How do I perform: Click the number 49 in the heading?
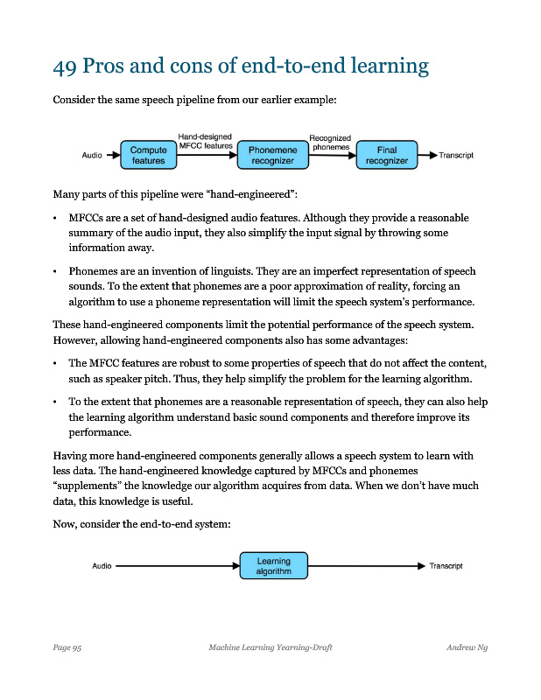click(65, 66)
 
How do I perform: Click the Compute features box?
click(148, 156)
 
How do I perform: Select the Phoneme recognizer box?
click(272, 156)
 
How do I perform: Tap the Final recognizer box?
click(386, 156)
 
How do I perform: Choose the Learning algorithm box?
click(274, 565)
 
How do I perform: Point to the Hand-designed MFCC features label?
click(205, 141)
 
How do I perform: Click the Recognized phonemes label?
click(330, 142)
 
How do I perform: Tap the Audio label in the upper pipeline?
click(92, 156)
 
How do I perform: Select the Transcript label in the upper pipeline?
click(456, 156)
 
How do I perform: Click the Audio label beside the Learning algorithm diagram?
click(102, 566)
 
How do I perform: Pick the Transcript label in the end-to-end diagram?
click(446, 566)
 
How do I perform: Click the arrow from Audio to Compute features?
click(111, 156)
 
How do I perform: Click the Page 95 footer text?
click(67, 647)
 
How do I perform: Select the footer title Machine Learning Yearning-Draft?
click(270, 647)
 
